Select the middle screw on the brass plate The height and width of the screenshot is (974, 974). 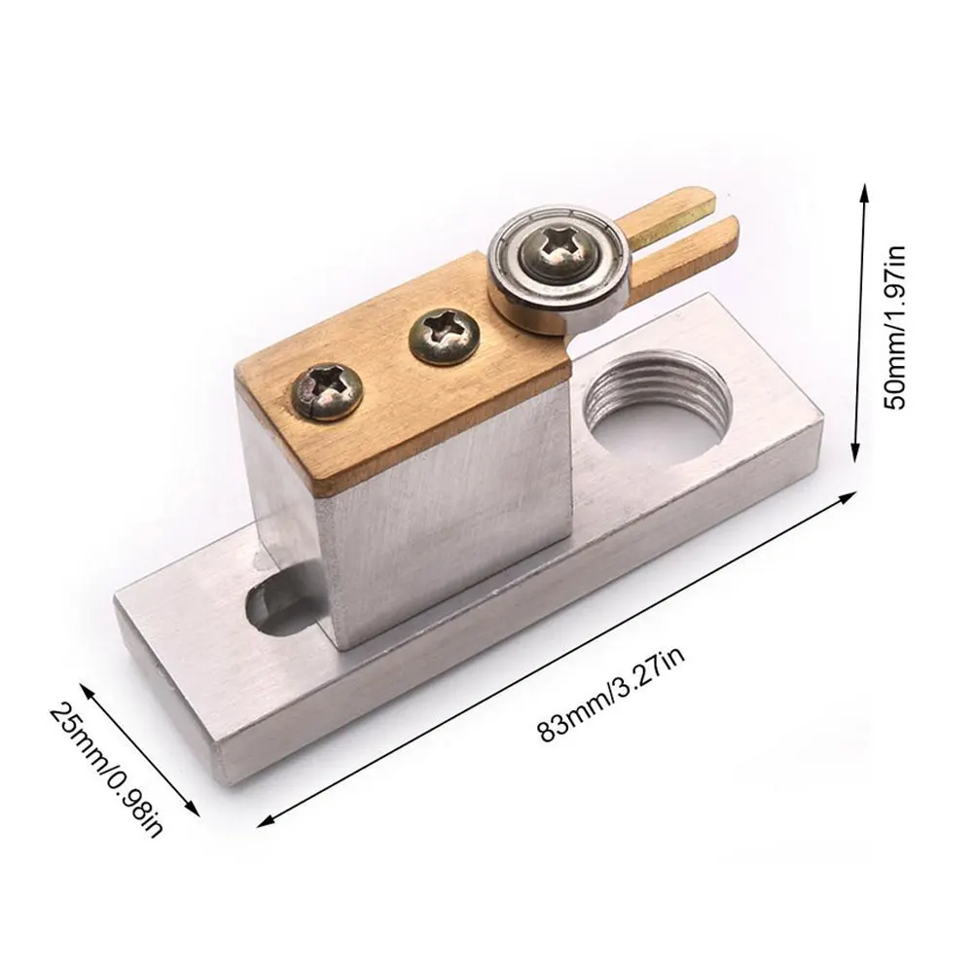pos(444,338)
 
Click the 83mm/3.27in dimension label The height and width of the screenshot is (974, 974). pos(612,693)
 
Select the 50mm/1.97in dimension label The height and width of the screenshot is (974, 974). pos(895,327)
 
